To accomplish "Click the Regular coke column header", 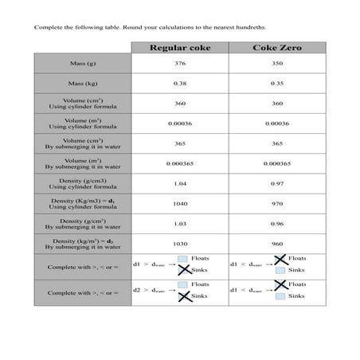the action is [180, 48].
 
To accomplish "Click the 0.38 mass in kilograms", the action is [180, 83].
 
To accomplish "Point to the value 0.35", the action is [276, 83].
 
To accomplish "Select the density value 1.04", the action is [180, 183].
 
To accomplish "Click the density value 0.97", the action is [276, 183].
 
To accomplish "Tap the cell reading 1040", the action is [180, 203].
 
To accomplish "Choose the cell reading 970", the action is [276, 203].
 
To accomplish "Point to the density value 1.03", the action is [180, 224].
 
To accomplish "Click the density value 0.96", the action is [276, 224].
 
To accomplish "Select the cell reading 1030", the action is [180, 244].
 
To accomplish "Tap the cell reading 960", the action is [276, 244].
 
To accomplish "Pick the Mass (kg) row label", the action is [83, 83].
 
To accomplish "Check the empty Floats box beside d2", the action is [184, 284].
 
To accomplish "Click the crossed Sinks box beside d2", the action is [184, 296].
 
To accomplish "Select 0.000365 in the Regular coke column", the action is [180, 163].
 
